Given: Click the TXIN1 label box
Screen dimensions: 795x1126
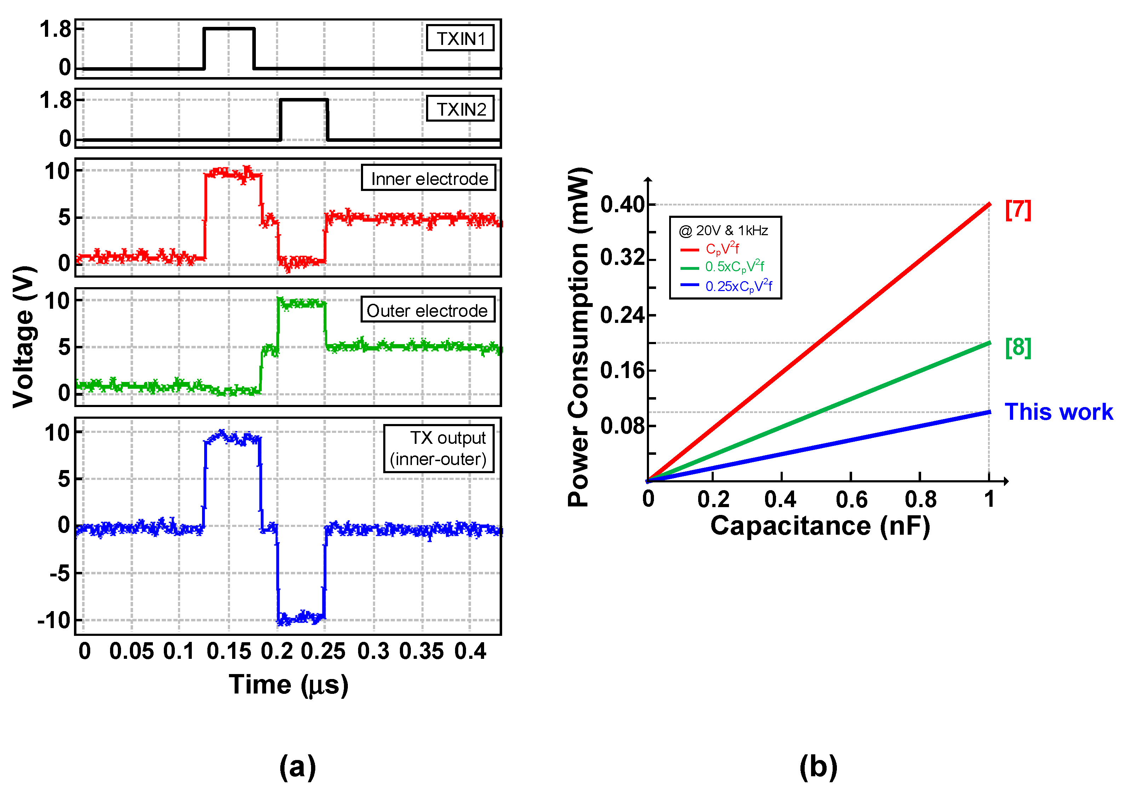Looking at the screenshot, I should pyautogui.click(x=460, y=38).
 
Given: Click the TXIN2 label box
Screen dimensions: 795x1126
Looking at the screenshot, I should pyautogui.click(x=460, y=109).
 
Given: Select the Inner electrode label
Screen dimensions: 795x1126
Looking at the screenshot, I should pyautogui.click(x=429, y=178).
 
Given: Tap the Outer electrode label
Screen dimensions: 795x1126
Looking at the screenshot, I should pyautogui.click(x=427, y=310).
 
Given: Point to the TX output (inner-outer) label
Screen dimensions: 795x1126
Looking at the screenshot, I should pyautogui.click(x=438, y=448).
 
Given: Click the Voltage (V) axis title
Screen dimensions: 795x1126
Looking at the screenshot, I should pyautogui.click(x=24, y=337).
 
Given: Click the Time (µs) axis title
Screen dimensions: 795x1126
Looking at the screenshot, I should pyautogui.click(x=288, y=685).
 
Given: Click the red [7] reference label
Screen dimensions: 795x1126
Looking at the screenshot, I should pyautogui.click(x=1018, y=210).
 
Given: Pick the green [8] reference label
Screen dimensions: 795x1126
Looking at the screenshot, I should pyautogui.click(x=1018, y=348).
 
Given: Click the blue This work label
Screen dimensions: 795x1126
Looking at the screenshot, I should pyautogui.click(x=1058, y=412).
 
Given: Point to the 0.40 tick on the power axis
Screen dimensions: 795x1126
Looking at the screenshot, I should pyautogui.click(x=622, y=205).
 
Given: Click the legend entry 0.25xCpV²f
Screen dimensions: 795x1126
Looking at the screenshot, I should pyautogui.click(x=738, y=286).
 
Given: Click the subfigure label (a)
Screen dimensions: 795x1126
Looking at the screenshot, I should pyautogui.click(x=298, y=767).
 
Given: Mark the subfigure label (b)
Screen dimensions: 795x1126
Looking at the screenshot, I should pyautogui.click(x=818, y=767).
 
